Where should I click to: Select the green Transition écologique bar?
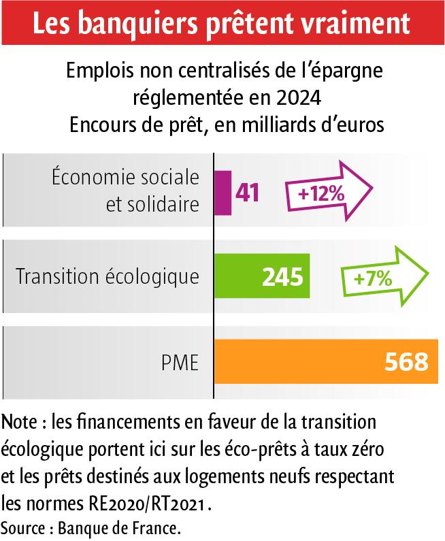point(262,276)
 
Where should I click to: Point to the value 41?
point(248,192)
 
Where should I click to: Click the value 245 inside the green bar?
point(282,277)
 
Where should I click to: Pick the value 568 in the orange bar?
point(406,362)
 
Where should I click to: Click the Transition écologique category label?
point(108,277)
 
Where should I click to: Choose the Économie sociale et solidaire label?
point(125,191)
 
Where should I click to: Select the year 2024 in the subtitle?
point(298,97)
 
